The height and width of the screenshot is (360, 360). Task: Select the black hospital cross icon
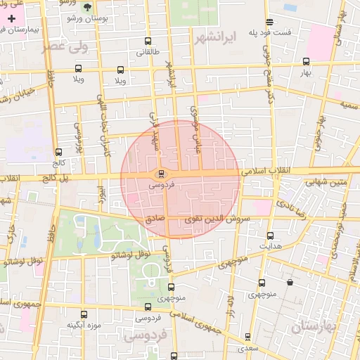click(11, 18)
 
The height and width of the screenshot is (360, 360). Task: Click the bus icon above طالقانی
click(148, 41)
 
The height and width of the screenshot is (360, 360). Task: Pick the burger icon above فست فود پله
click(270, 21)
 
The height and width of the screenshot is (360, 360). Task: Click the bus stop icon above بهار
click(305, 61)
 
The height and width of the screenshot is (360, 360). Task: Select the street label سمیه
click(349, 104)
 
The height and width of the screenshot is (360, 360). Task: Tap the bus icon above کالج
click(58, 151)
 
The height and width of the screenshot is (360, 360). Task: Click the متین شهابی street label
click(326, 182)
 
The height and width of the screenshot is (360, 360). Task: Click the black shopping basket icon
click(290, 283)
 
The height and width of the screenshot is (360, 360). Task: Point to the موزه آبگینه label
click(84, 325)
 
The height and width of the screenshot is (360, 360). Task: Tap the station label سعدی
click(246, 347)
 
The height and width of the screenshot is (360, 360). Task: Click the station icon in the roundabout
click(161, 174)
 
